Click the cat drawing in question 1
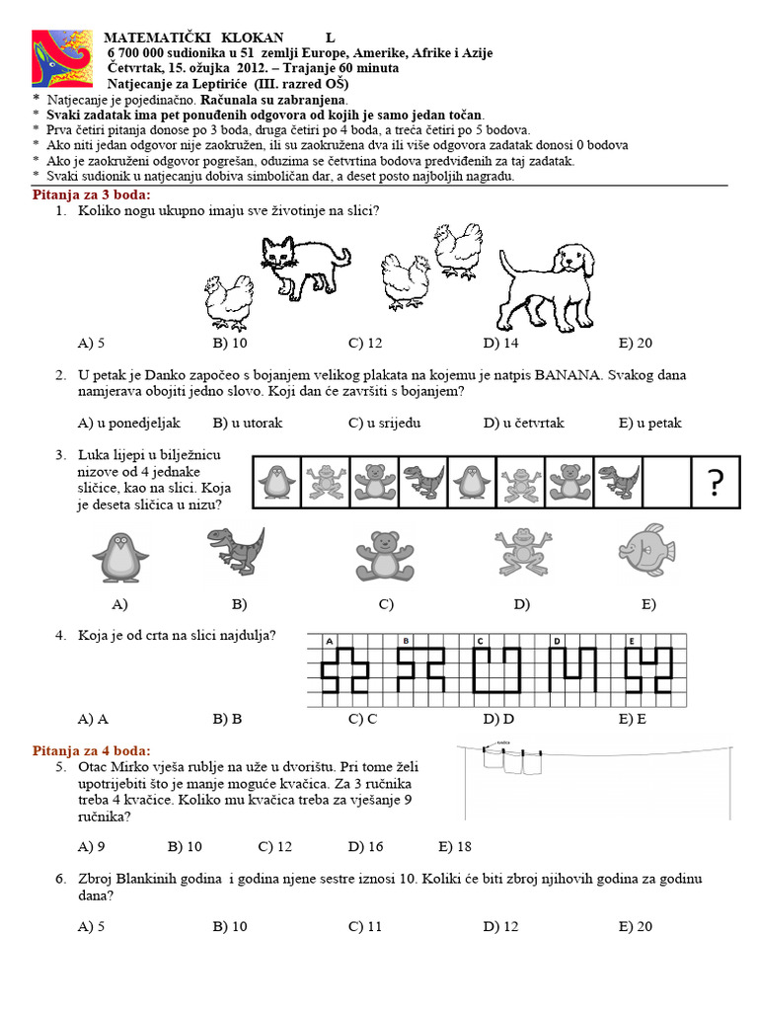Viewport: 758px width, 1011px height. click(302, 265)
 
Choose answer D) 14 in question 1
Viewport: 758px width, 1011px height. click(500, 343)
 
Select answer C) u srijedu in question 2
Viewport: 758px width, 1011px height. click(385, 423)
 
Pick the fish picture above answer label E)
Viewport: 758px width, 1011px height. click(645, 551)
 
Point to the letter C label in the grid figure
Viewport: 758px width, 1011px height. click(480, 641)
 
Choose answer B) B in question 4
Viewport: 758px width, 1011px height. click(227, 719)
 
